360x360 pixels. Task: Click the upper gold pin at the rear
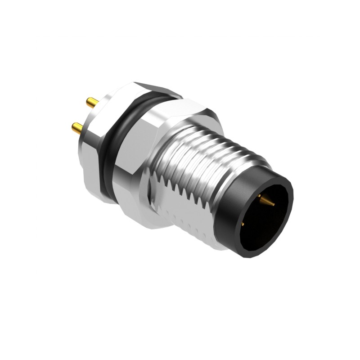click(x=93, y=103)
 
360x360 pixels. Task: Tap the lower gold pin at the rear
click(x=78, y=129)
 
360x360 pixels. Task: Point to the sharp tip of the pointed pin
click(x=274, y=204)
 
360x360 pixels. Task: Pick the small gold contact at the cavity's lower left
click(x=243, y=223)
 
